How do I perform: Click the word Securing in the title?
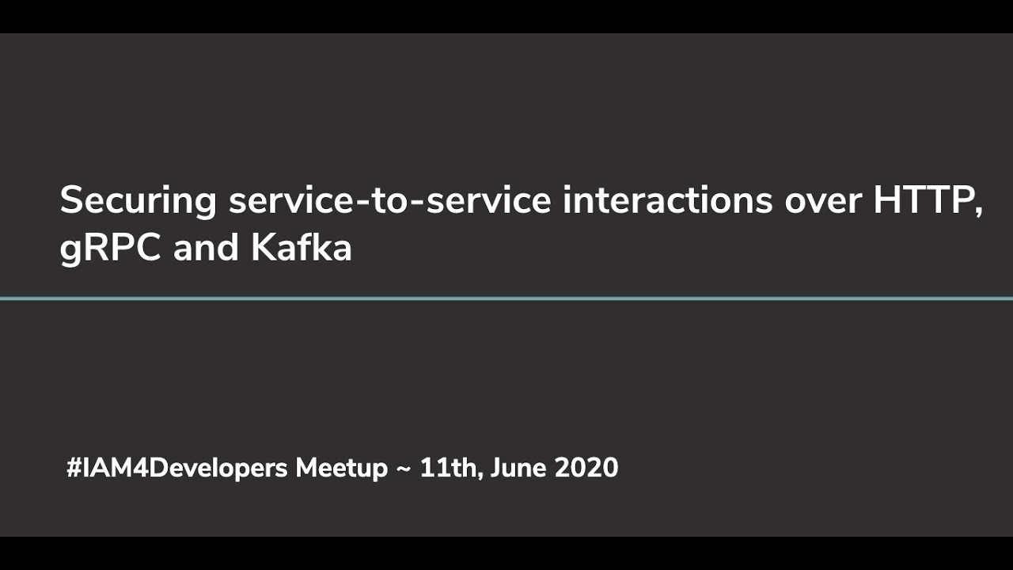tap(138, 200)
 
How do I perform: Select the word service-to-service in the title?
tap(389, 200)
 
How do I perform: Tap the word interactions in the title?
tap(667, 200)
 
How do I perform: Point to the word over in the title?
tap(823, 200)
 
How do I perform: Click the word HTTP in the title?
tap(921, 200)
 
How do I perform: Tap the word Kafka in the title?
tap(302, 249)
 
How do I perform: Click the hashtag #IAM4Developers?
tap(177, 468)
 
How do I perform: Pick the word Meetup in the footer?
tap(342, 468)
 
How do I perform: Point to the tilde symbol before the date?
tap(404, 469)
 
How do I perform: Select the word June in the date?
tap(518, 468)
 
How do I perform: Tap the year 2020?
tap(586, 468)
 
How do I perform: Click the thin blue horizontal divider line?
tap(506, 298)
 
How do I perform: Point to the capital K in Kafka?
tap(263, 249)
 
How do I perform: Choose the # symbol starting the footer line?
tap(74, 468)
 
